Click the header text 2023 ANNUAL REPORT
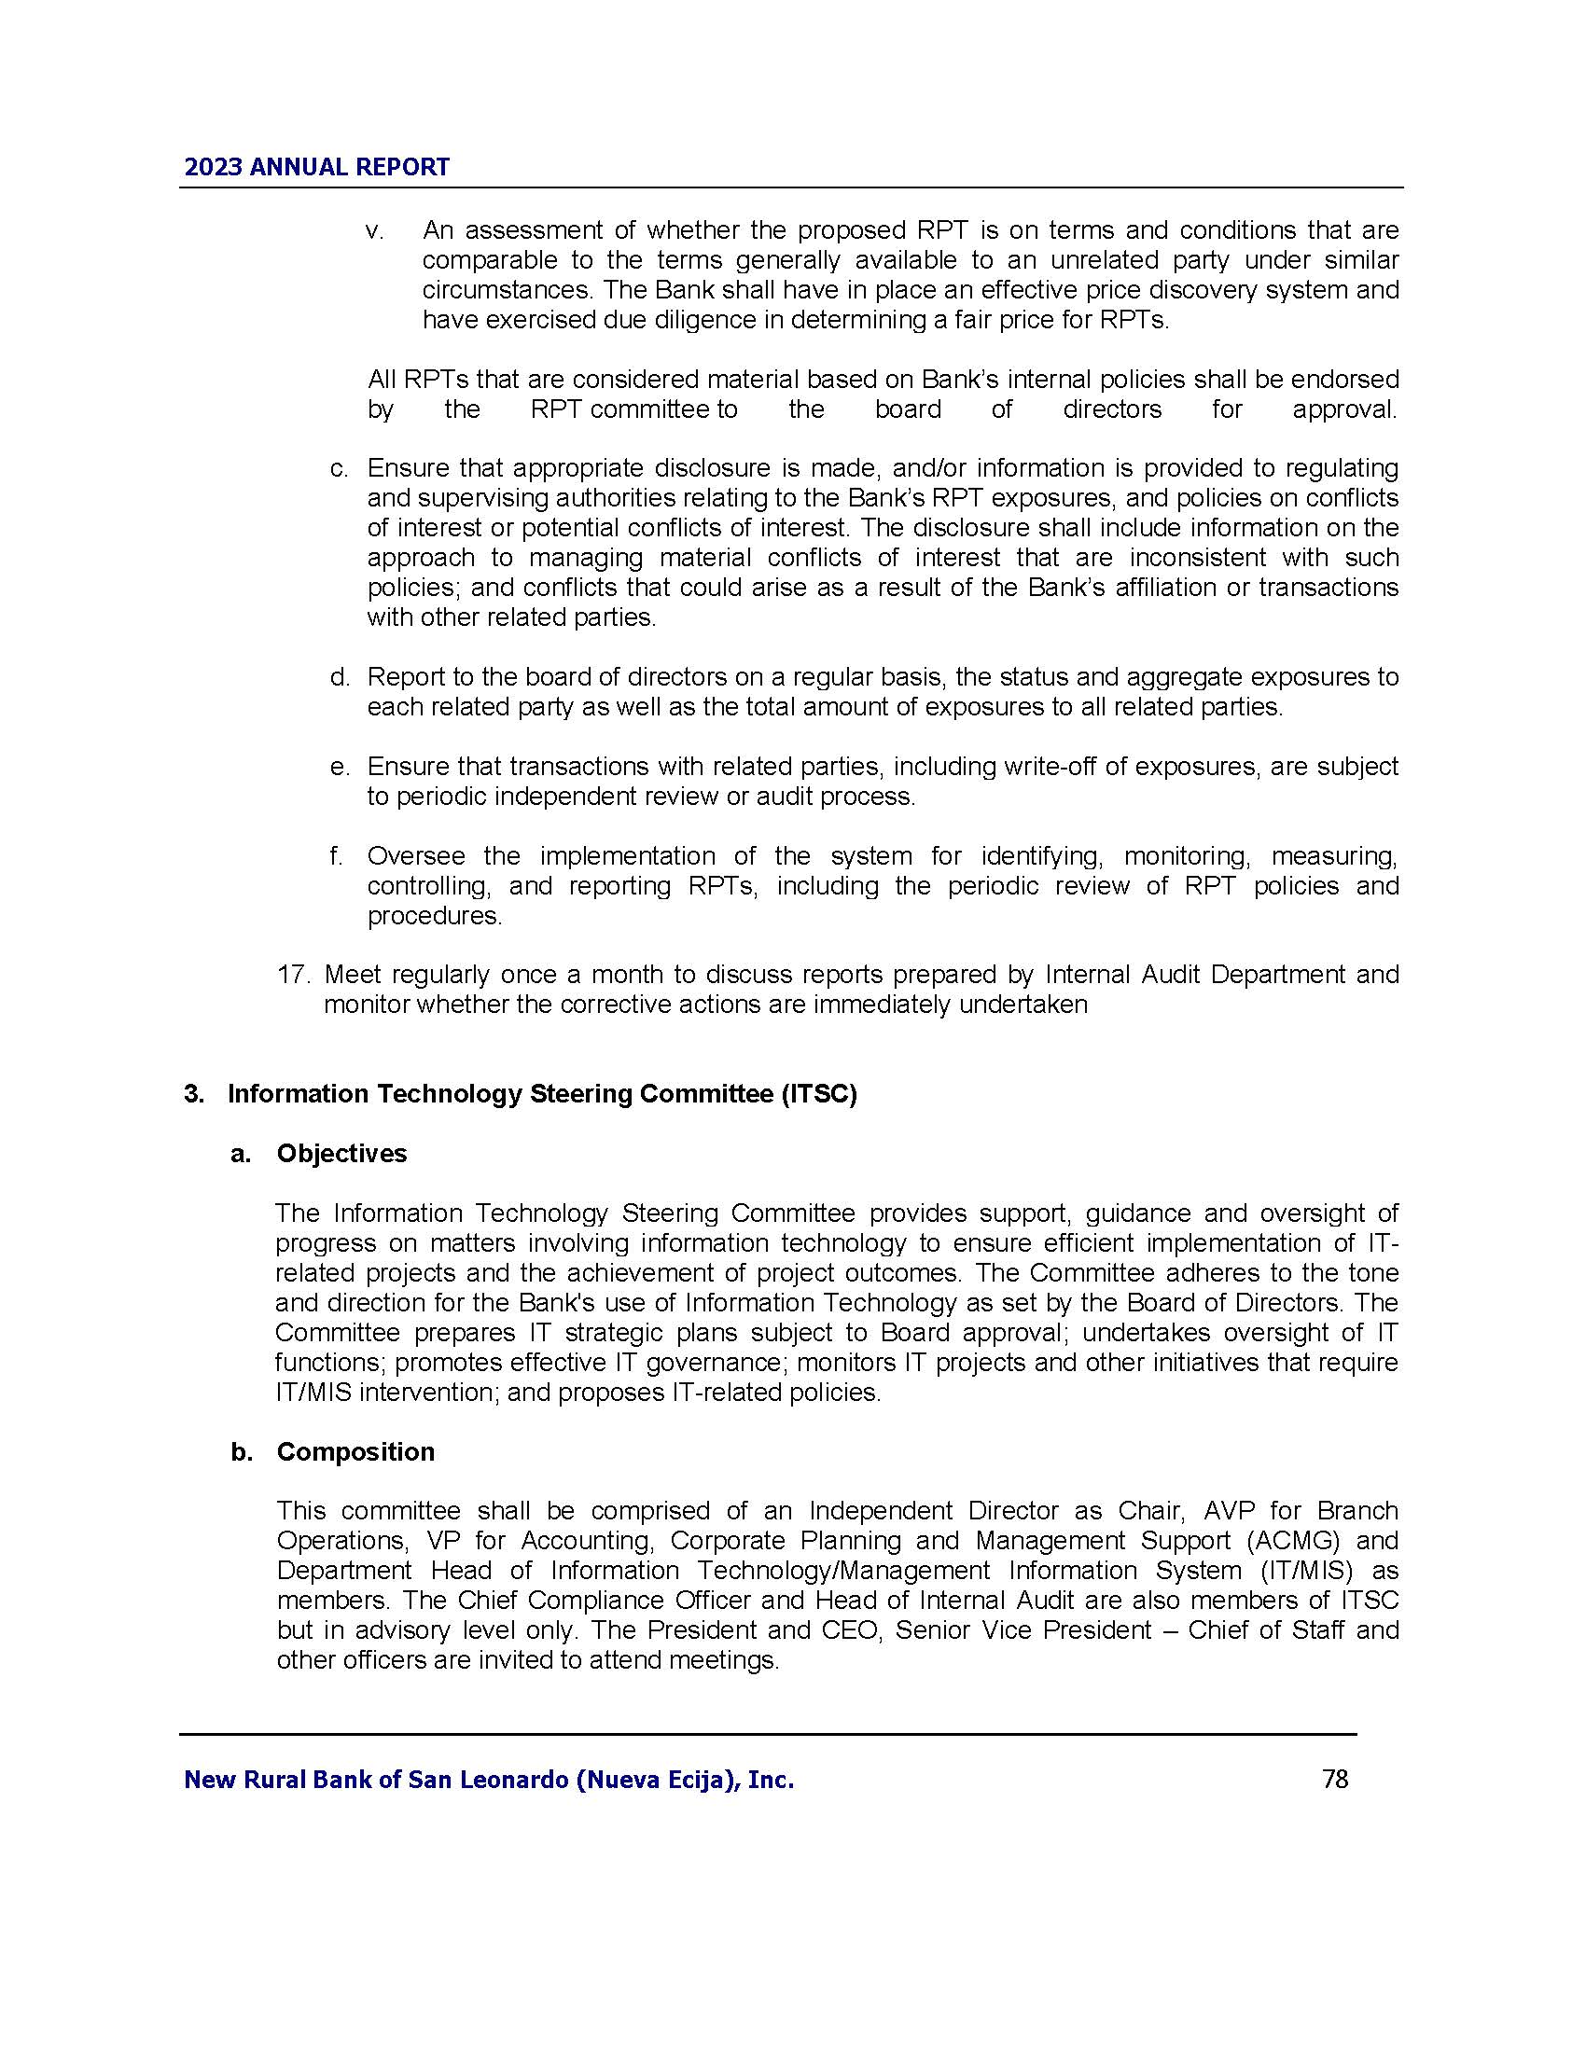click(x=316, y=167)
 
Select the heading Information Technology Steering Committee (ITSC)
click(x=542, y=1095)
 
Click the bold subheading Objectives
click(x=341, y=1154)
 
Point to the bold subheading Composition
click(x=355, y=1451)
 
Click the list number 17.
click(x=293, y=975)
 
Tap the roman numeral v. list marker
click(x=375, y=230)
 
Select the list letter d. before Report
click(x=340, y=676)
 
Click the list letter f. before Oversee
click(x=337, y=856)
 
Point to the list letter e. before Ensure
click(x=340, y=767)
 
